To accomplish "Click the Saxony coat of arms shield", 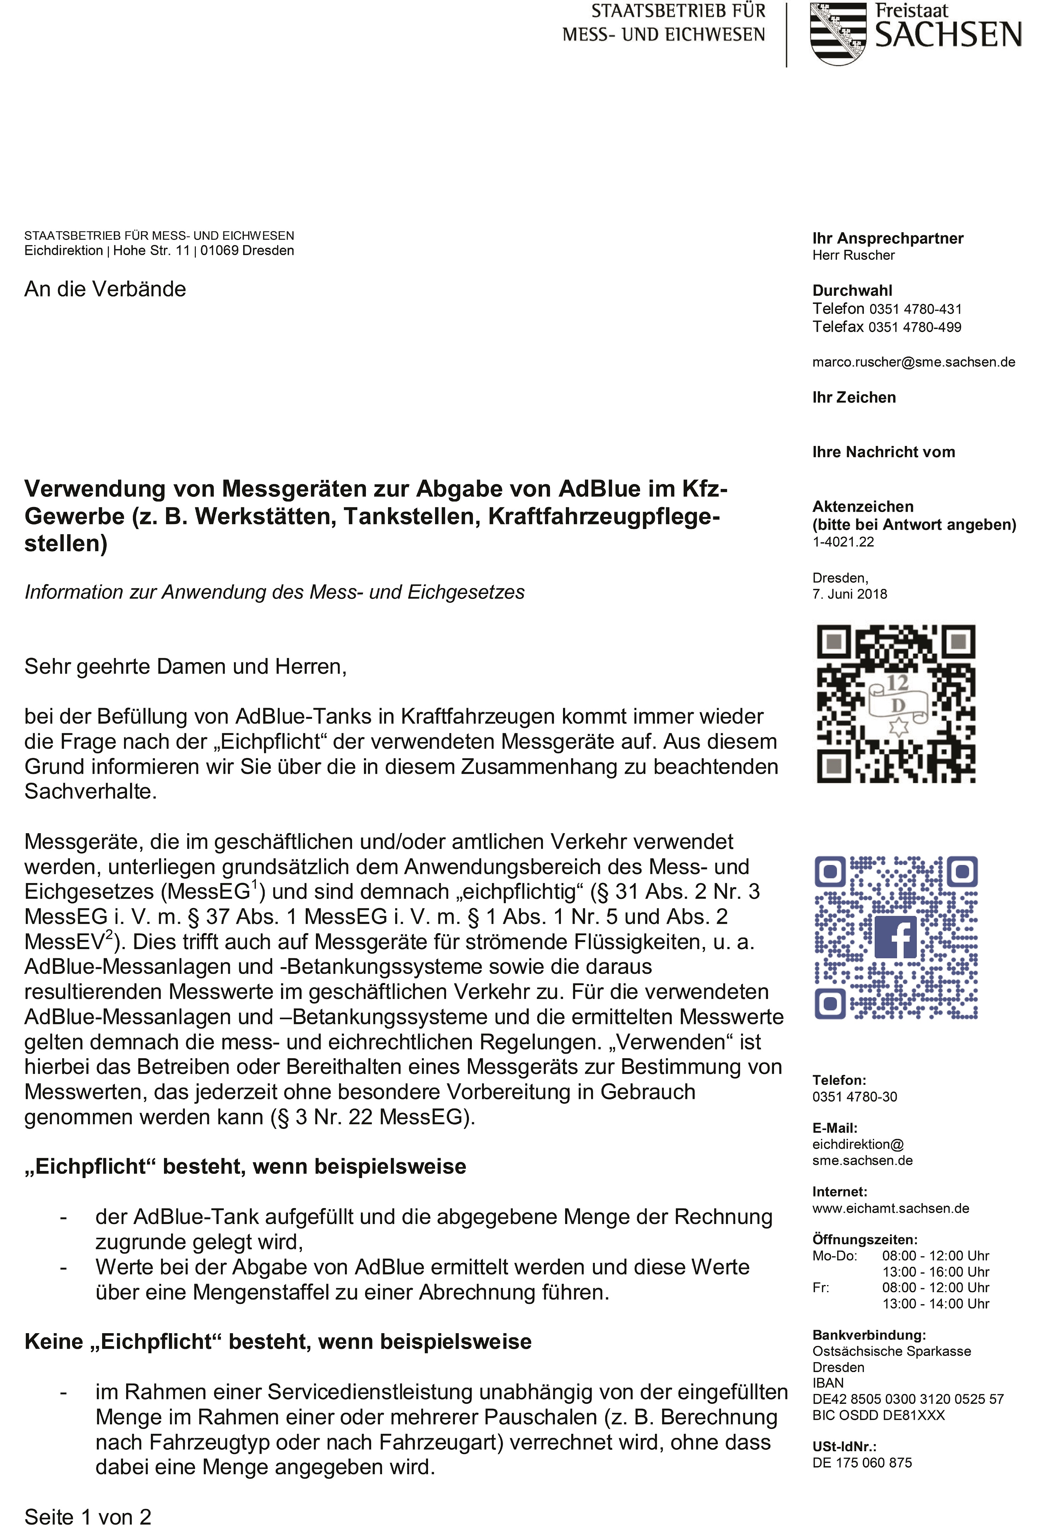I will [838, 33].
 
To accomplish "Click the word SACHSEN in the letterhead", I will [948, 35].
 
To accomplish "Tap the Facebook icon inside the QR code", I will [896, 937].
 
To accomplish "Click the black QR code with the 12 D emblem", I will [896, 704].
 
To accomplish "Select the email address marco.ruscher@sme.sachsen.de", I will [914, 362].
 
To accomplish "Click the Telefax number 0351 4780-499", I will [915, 327].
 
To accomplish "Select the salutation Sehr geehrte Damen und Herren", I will [185, 666].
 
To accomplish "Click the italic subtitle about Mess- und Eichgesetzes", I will [274, 592].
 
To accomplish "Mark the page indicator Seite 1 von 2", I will [88, 1517].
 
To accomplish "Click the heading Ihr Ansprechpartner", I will [888, 239].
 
